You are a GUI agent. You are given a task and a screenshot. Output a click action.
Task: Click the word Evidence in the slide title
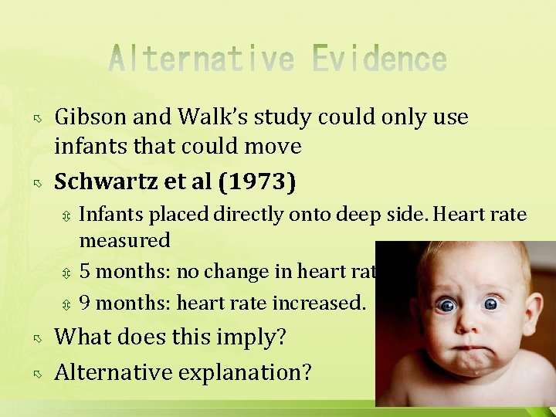point(380,60)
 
